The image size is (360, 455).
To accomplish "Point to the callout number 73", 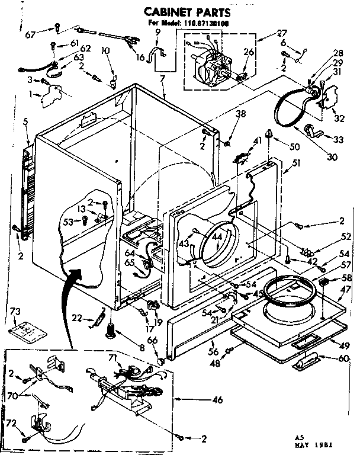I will click(x=16, y=312).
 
